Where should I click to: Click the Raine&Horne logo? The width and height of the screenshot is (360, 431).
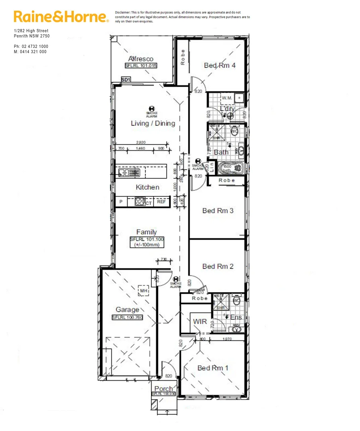(x=61, y=17)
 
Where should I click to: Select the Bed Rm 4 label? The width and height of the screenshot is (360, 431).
(x=220, y=65)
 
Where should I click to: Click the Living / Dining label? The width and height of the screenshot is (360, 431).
(x=153, y=123)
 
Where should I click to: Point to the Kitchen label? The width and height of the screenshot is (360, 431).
(x=148, y=187)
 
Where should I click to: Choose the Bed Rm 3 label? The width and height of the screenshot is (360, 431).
(x=218, y=211)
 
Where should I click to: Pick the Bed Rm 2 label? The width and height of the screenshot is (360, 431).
(x=218, y=266)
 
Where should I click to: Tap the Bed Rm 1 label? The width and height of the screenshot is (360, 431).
(x=213, y=368)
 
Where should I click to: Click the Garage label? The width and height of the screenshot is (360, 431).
(x=128, y=310)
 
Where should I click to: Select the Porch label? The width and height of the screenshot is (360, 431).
(x=163, y=389)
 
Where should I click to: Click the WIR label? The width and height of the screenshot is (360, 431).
(x=200, y=321)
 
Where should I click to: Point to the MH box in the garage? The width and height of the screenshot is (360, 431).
(x=144, y=291)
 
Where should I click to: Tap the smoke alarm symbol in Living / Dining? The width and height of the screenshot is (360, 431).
(x=151, y=108)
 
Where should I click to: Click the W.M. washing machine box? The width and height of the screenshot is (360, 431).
(x=227, y=98)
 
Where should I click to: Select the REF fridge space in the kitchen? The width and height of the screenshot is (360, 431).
(x=161, y=202)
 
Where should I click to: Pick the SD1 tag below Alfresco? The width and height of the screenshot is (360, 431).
(x=126, y=80)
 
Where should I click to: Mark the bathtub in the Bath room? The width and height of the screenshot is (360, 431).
(x=230, y=168)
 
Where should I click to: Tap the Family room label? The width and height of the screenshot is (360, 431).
(x=147, y=232)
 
